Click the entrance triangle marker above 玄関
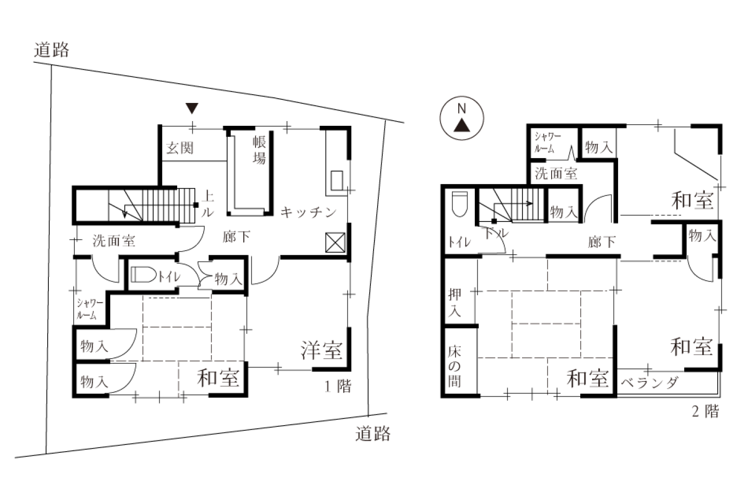pyautogui.click(x=192, y=108)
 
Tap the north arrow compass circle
pyautogui.click(x=462, y=119)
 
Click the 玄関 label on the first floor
pyautogui.click(x=180, y=148)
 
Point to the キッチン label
pyautogui.click(x=309, y=212)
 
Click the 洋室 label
pyautogui.click(x=321, y=350)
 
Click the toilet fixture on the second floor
pyautogui.click(x=460, y=204)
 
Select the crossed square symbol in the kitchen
pyautogui.click(x=335, y=242)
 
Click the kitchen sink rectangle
pyautogui.click(x=337, y=180)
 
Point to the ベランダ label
pyautogui.click(x=649, y=383)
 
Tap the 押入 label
pyautogui.click(x=455, y=303)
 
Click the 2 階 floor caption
pyautogui.click(x=705, y=411)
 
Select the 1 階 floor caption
pyautogui.click(x=338, y=386)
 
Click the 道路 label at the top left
pyautogui.click(x=51, y=50)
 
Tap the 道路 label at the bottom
pyautogui.click(x=372, y=434)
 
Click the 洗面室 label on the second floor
pyautogui.click(x=556, y=174)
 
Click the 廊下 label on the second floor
pyautogui.click(x=602, y=242)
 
